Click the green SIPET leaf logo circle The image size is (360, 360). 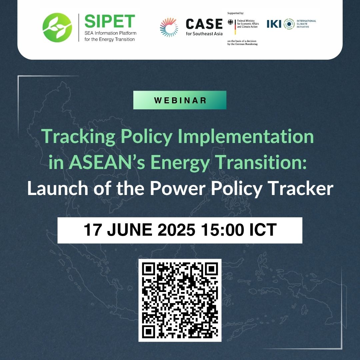tap(57, 28)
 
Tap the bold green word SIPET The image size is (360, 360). tap(110, 21)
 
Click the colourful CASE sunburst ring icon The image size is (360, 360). tap(169, 27)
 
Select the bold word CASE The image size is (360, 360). tap(204, 24)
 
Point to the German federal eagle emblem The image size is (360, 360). tap(230, 22)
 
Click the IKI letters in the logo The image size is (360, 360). tap(274, 24)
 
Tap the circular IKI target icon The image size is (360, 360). tap(289, 24)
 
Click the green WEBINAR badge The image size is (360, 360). tap(180, 100)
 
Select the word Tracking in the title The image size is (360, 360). tap(78, 137)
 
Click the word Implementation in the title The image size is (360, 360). tap(246, 137)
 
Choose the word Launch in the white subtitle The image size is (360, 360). tap(58, 188)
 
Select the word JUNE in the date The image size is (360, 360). tap(129, 230)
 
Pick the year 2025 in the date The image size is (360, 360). tap(176, 229)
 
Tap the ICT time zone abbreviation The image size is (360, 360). tap(263, 229)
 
